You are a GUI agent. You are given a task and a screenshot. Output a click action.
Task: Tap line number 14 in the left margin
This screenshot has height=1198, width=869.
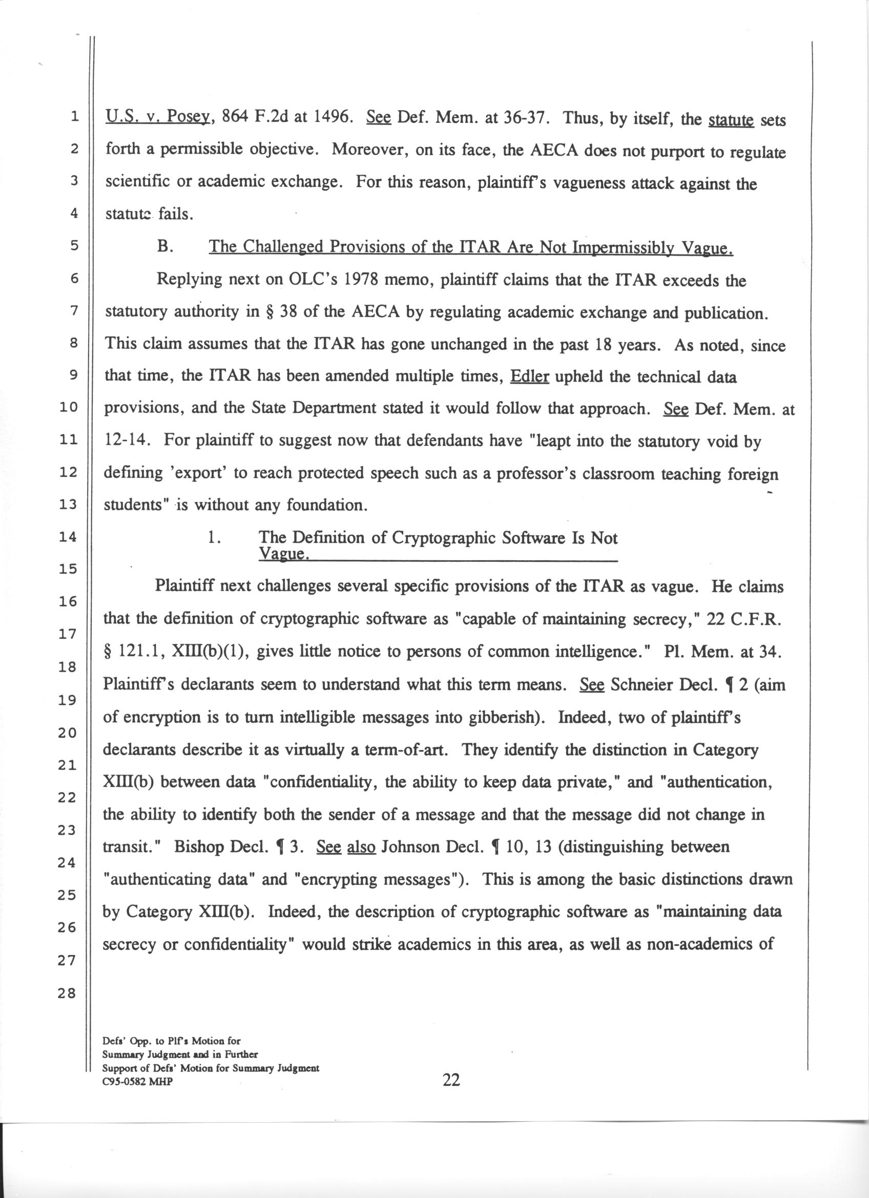click(67, 537)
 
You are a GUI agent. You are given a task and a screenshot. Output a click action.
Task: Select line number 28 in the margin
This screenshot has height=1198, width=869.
click(67, 993)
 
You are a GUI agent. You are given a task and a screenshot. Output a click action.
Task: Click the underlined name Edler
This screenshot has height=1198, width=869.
click(530, 376)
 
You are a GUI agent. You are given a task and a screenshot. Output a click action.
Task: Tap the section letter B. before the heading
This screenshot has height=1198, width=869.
click(165, 247)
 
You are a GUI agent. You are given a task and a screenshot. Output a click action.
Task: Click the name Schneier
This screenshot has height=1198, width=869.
click(641, 685)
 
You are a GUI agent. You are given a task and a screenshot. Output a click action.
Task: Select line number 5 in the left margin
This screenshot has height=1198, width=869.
click(73, 246)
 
